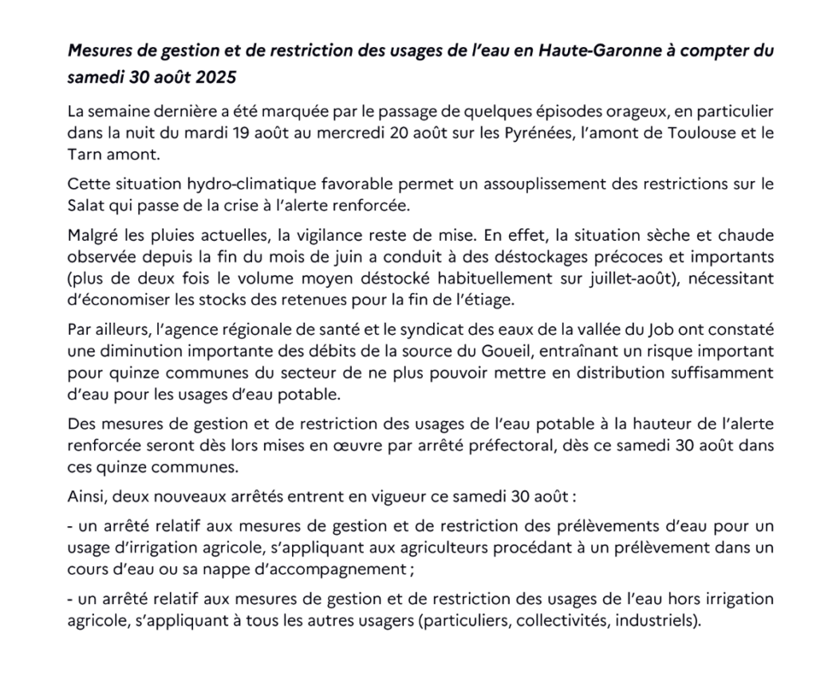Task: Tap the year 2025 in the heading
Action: [216, 79]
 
